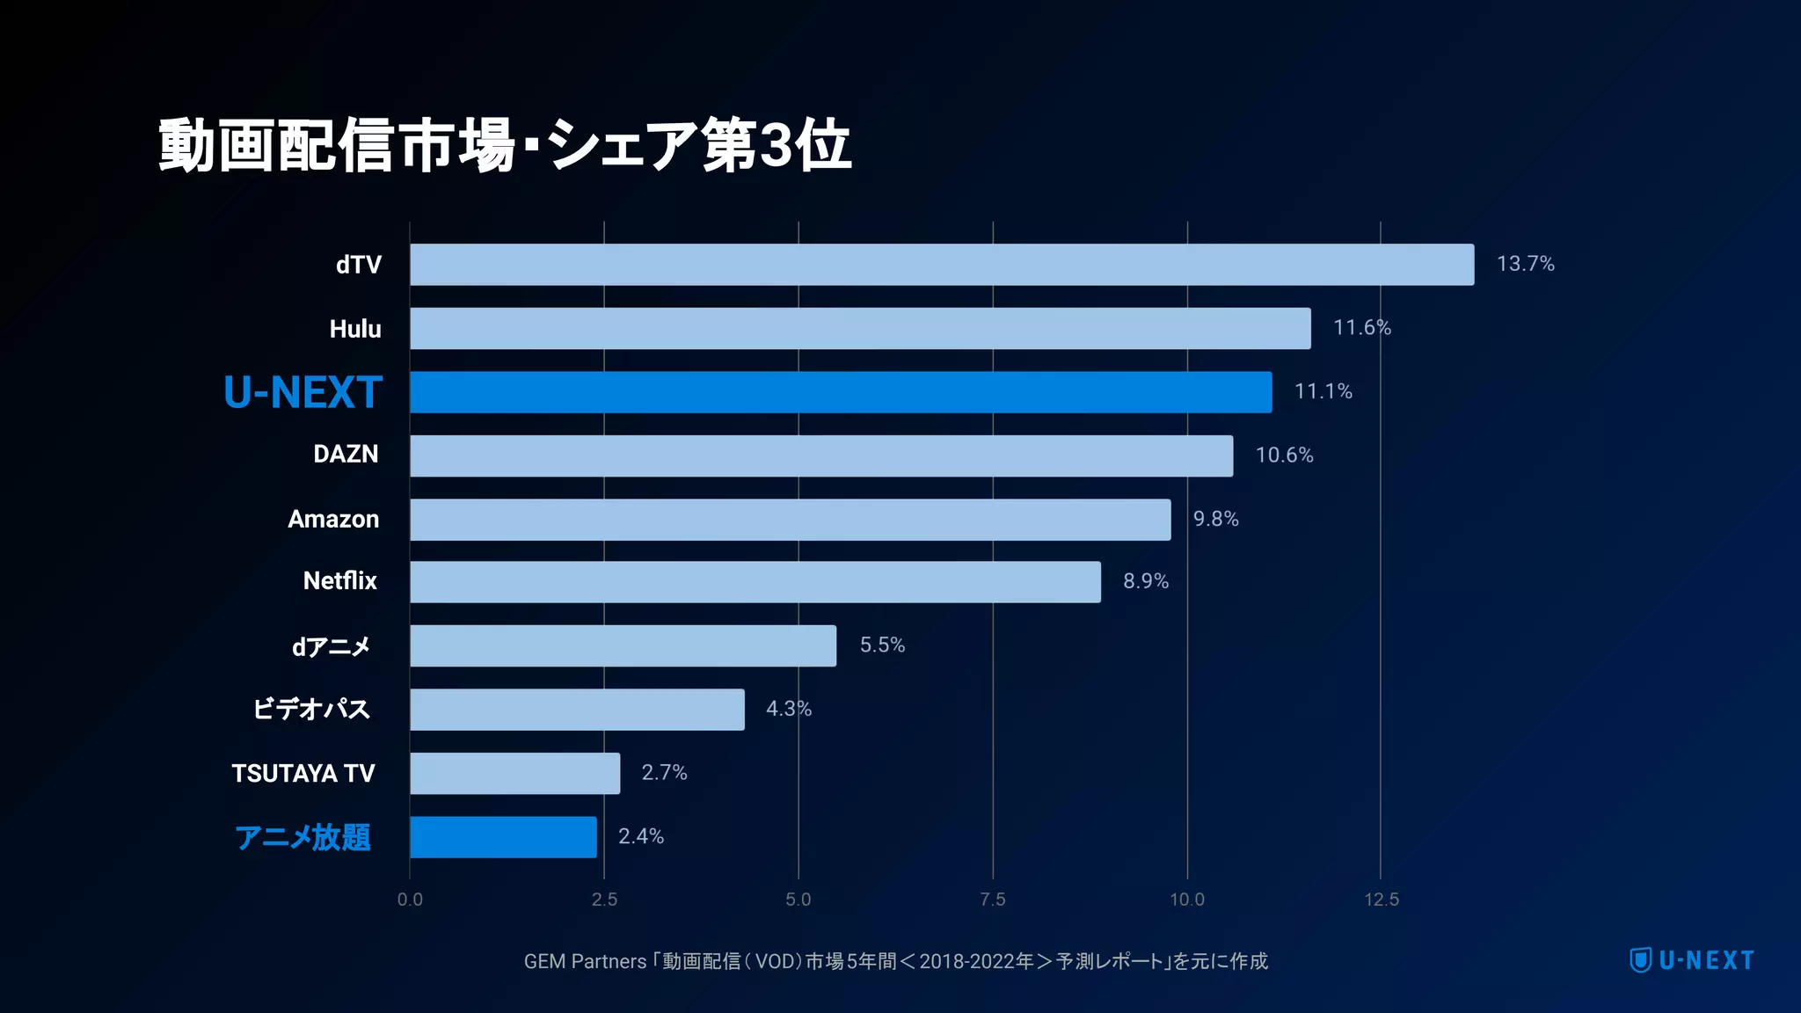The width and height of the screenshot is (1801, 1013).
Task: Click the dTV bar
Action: click(941, 265)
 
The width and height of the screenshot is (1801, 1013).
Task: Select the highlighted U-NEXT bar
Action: click(840, 392)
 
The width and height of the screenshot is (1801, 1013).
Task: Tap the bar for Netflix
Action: click(755, 582)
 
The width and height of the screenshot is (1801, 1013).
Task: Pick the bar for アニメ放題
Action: click(503, 837)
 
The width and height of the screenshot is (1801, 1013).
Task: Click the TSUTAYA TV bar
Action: click(514, 774)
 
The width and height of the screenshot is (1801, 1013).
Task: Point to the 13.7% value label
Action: click(1525, 264)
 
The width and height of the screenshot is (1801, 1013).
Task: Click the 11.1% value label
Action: click(1323, 391)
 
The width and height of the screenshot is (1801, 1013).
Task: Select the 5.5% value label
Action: click(881, 645)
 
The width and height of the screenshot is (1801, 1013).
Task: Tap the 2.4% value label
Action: click(640, 836)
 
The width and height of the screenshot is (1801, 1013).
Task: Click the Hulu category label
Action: click(355, 329)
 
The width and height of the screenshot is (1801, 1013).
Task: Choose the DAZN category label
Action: click(346, 455)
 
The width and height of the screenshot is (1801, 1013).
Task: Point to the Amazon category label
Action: click(333, 520)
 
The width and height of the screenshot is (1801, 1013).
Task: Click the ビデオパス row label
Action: click(311, 709)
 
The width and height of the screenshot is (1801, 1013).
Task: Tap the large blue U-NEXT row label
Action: click(303, 392)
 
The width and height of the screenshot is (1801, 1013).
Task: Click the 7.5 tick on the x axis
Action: click(992, 900)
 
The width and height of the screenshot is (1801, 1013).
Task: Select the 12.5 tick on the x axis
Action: click(1381, 900)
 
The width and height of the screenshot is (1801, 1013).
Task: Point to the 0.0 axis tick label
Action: click(410, 900)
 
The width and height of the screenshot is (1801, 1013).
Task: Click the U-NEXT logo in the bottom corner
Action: click(1691, 960)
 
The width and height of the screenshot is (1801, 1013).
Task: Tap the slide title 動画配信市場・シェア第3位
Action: click(505, 146)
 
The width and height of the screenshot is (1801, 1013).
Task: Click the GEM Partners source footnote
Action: click(895, 961)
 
